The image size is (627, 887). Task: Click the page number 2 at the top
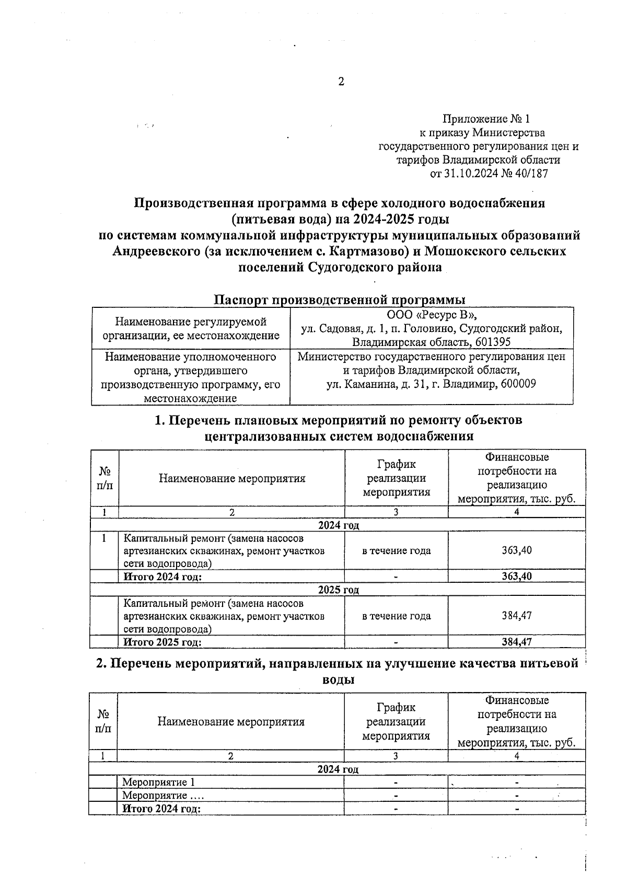click(341, 82)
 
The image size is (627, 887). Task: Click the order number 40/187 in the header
click(531, 174)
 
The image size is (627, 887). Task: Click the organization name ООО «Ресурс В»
click(432, 315)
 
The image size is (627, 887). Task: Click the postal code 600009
click(517, 384)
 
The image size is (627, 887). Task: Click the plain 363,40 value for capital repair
click(516, 550)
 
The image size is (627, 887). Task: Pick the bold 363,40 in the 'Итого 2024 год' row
click(516, 577)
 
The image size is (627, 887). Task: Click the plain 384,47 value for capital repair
click(516, 616)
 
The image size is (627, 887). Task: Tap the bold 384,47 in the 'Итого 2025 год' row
click(516, 642)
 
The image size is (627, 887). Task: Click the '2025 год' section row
click(339, 590)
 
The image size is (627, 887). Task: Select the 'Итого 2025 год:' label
click(162, 642)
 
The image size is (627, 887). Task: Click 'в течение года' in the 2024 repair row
click(396, 550)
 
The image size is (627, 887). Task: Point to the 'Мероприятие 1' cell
click(158, 782)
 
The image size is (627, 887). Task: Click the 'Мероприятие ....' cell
click(162, 796)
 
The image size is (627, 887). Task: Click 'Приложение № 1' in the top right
click(485, 119)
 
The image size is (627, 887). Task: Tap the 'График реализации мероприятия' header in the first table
click(396, 478)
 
